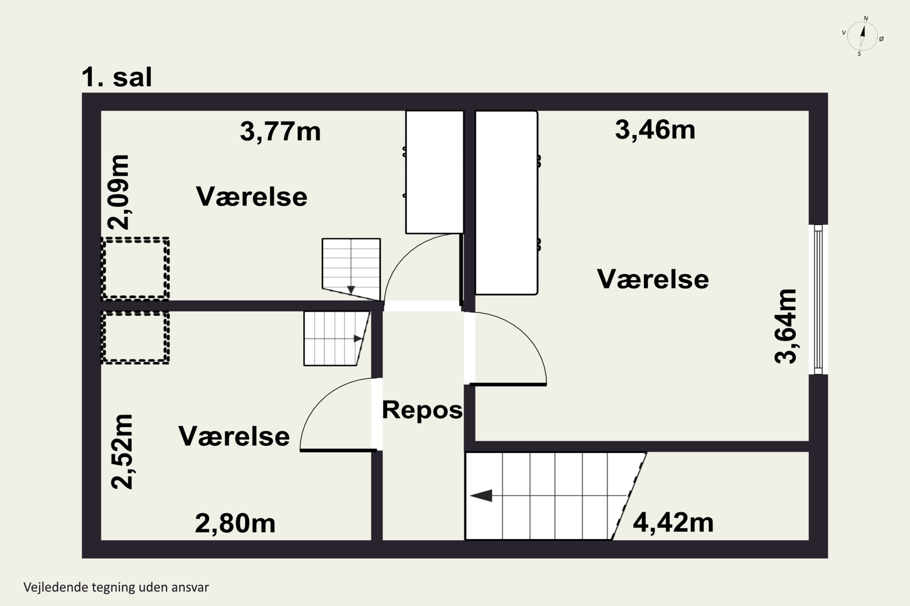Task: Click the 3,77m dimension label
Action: [280, 132]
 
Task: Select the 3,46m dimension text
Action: [655, 130]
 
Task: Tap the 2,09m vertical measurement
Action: [118, 192]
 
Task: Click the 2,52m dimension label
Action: [122, 452]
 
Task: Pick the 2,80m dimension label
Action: [235, 524]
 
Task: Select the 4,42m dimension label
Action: [673, 523]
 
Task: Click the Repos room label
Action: [422, 410]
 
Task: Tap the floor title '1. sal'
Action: [116, 77]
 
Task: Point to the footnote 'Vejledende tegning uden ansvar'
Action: [116, 588]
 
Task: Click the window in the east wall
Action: [818, 300]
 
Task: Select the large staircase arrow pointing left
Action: [481, 495]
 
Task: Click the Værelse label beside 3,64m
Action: [653, 279]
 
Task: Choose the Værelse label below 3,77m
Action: [251, 197]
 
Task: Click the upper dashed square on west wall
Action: [135, 268]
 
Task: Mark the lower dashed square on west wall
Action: [135, 338]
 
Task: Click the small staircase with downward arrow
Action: [351, 268]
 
